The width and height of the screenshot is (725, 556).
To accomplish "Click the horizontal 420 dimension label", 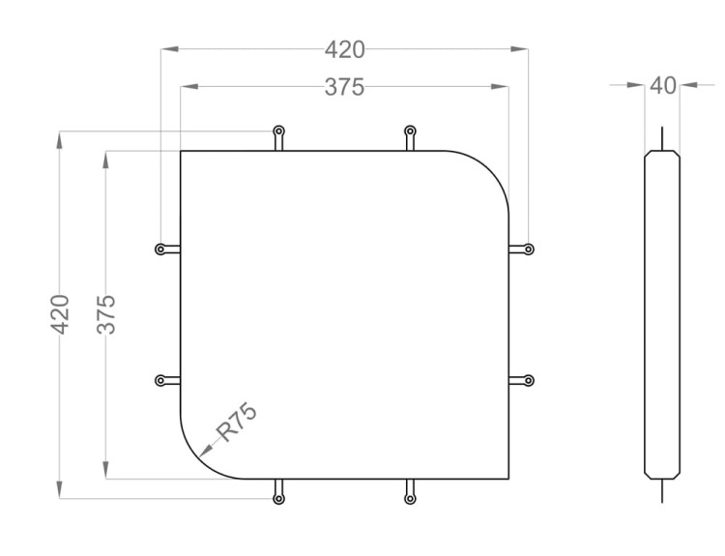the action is click(344, 49).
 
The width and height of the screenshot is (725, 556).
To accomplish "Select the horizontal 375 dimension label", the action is click(344, 87).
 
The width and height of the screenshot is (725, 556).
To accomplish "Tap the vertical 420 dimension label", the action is click(60, 314).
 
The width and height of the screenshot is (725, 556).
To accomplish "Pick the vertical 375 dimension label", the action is click(106, 314).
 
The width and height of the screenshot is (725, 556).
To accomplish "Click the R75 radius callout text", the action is click(236, 423).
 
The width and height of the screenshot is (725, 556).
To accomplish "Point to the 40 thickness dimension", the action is click(662, 85).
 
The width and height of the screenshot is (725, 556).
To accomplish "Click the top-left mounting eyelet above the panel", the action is click(278, 132).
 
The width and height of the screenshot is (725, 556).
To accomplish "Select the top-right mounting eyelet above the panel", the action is click(410, 132).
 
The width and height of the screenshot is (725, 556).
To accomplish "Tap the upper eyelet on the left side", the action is click(160, 249).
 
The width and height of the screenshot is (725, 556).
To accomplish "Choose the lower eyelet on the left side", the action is click(160, 381).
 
